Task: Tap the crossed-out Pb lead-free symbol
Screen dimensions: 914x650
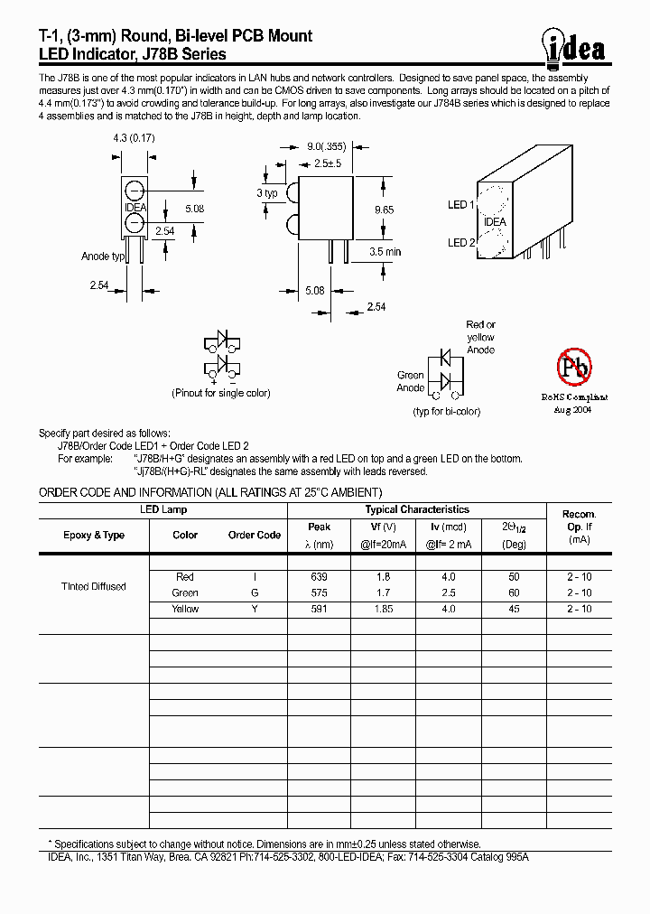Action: click(574, 367)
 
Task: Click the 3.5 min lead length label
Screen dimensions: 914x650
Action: click(385, 251)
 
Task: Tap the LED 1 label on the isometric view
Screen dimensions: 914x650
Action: click(459, 205)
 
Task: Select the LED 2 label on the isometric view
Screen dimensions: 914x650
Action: click(459, 242)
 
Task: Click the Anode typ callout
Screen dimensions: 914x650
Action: click(102, 256)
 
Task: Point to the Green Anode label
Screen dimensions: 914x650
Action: click(411, 381)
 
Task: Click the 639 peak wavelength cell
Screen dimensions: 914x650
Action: click(319, 576)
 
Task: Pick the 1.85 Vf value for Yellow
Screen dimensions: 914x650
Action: click(383, 609)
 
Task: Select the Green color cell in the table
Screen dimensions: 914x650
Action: click(185, 592)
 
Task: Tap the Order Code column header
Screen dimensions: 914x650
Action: click(255, 535)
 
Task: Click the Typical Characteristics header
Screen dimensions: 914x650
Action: click(417, 509)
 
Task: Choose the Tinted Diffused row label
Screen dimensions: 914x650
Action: click(93, 586)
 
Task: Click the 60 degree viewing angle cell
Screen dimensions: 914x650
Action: click(514, 592)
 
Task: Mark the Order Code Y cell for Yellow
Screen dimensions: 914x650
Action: click(255, 609)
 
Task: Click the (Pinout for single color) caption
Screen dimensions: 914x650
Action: click(221, 393)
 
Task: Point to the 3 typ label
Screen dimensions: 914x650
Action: click(266, 193)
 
